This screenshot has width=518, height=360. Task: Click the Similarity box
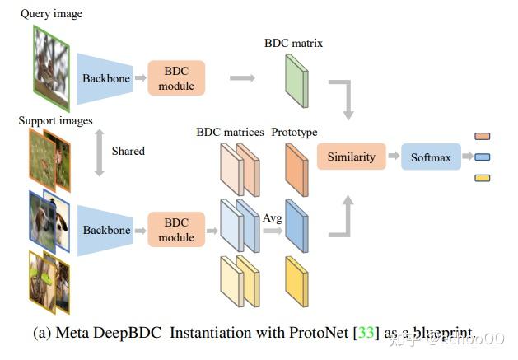351,157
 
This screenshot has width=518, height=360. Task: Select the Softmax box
431,157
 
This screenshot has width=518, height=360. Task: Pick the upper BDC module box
176,78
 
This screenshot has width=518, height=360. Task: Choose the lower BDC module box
176,230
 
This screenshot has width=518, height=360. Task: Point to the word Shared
128,151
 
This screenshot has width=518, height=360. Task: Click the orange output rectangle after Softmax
483,137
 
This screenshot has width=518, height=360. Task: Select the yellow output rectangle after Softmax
483,176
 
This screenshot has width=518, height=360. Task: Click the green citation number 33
367,333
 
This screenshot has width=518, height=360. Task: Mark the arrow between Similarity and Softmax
389,157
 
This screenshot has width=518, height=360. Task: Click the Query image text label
50,14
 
